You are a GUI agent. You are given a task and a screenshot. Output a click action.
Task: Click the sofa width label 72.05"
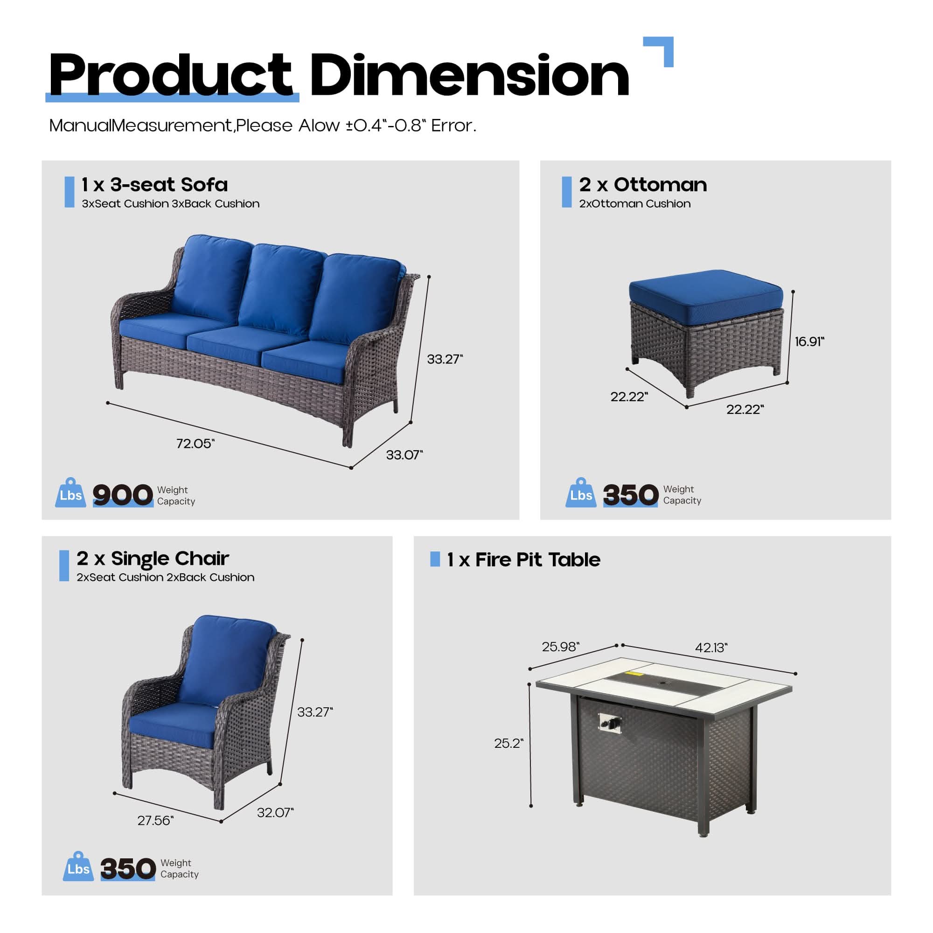point(195,443)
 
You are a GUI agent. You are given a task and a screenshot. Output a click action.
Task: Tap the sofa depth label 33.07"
point(404,455)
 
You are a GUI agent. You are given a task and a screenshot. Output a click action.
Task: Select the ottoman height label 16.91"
point(810,341)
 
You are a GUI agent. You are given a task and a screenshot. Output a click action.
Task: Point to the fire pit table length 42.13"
point(711,648)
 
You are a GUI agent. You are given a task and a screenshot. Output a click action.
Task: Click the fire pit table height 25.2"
point(508,743)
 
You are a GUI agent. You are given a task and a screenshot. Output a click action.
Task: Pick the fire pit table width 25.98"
point(561,647)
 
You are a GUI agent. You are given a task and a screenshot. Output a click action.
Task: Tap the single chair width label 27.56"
point(155,821)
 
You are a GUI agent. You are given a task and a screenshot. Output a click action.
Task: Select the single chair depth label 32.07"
point(275,812)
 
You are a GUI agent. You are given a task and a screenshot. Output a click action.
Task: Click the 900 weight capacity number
point(123,495)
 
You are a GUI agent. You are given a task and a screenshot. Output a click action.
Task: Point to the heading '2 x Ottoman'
point(643,184)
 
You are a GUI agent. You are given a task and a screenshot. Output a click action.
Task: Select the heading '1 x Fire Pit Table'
point(523,560)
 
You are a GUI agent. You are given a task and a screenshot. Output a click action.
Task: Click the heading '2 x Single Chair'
point(153,559)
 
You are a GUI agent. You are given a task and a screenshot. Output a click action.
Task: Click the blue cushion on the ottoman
point(705,289)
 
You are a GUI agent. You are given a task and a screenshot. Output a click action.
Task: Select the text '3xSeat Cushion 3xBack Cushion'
point(170,204)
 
